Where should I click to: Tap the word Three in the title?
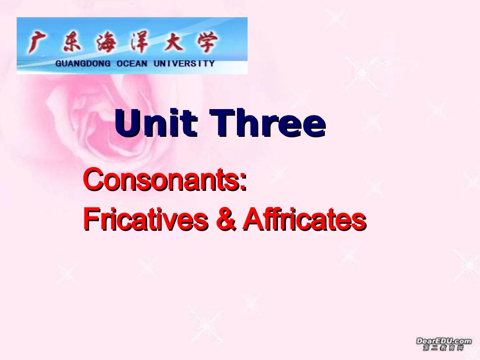coord(267,124)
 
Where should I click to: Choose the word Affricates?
coord(304,220)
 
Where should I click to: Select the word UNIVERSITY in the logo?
coord(184,64)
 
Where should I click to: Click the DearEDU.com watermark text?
coord(444,341)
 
